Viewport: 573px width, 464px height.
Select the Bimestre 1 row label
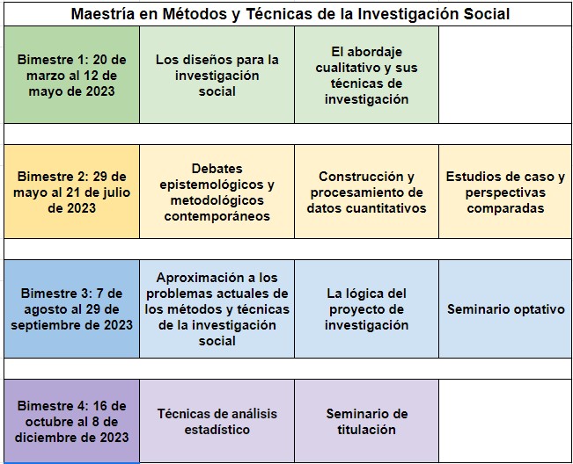[71, 75]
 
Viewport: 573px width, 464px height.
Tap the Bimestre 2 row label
[71, 192]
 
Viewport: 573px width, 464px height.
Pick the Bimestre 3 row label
[71, 308]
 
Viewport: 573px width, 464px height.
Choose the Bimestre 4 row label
[71, 421]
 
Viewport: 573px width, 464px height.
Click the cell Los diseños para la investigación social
[217, 75]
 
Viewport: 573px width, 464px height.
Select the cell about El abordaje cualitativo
[366, 75]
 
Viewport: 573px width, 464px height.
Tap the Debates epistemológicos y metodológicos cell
[217, 192]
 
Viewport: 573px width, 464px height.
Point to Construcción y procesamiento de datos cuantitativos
[366, 192]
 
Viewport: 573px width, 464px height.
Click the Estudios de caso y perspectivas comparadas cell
[505, 192]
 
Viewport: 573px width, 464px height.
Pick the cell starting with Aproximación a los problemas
[217, 308]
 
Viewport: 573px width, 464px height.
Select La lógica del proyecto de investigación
[366, 308]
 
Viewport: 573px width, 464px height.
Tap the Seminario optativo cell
[505, 309]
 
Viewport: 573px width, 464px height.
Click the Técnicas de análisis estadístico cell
[217, 421]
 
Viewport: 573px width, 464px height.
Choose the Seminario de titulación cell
[366, 421]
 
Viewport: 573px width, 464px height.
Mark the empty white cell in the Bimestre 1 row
[505, 75]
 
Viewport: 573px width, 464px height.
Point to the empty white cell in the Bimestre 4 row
[505, 421]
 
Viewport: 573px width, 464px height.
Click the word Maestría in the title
[102, 14]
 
